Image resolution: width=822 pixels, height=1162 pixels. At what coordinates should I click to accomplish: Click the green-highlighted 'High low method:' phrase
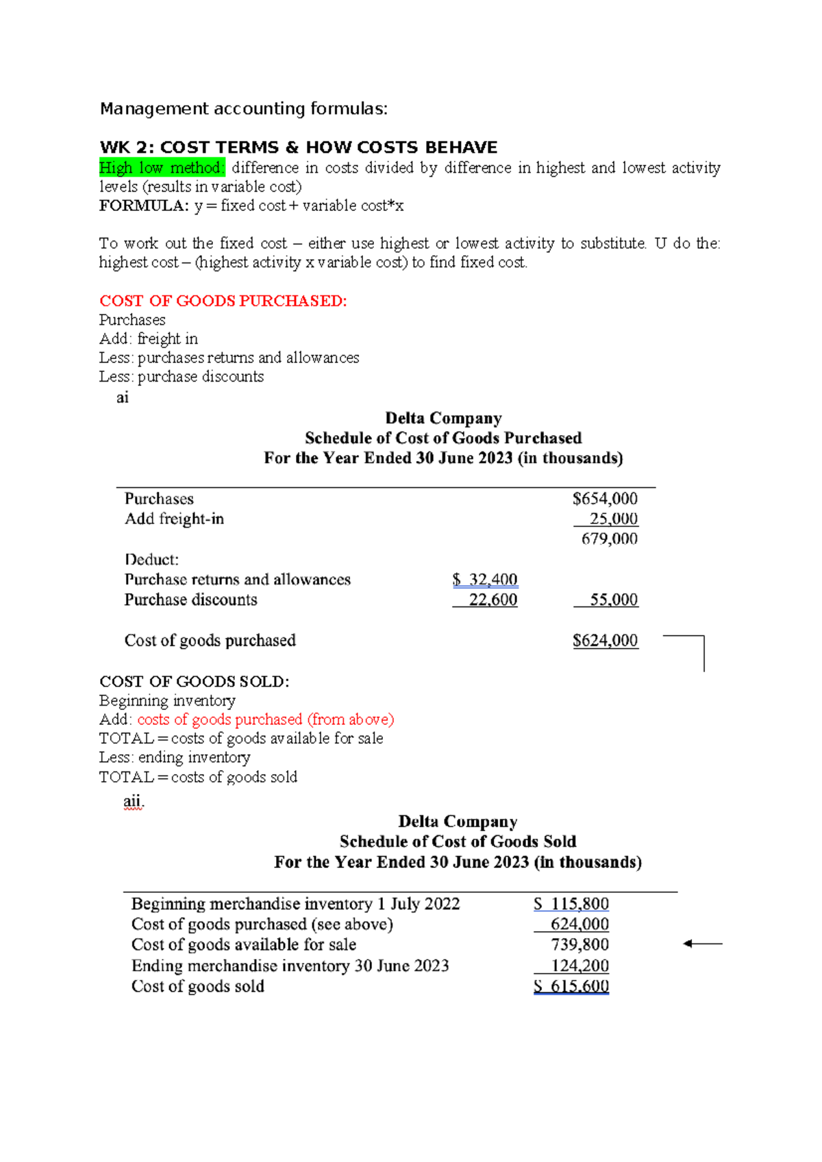[x=162, y=168]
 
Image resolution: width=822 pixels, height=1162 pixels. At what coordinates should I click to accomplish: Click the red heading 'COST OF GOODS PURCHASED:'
[x=223, y=301]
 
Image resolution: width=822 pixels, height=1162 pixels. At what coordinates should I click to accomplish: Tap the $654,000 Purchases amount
[x=605, y=499]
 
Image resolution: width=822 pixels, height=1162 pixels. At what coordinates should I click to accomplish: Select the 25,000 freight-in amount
[x=613, y=519]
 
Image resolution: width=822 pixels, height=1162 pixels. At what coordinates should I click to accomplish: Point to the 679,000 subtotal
[x=609, y=539]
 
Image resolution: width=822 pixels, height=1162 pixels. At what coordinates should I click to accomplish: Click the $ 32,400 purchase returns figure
[x=485, y=580]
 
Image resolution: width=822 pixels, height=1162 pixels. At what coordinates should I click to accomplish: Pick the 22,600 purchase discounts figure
[x=493, y=599]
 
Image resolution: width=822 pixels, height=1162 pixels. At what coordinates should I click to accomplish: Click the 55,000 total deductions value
[x=613, y=599]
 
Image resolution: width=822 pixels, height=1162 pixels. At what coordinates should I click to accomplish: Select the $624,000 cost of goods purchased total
[x=605, y=640]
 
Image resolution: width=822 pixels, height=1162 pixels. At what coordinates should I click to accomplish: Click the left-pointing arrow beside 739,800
[x=702, y=944]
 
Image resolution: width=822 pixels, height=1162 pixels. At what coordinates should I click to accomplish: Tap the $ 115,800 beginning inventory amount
[x=571, y=904]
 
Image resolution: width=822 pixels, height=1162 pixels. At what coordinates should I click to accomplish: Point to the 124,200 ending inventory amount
[x=580, y=965]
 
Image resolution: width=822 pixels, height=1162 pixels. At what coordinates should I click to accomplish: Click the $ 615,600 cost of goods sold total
[x=571, y=986]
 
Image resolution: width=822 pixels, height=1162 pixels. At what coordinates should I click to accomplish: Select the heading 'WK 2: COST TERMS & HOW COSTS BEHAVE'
[x=299, y=147]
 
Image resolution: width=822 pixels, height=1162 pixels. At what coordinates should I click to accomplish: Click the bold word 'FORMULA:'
[x=143, y=206]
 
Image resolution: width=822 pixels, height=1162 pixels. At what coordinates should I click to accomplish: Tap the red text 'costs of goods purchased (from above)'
[x=266, y=719]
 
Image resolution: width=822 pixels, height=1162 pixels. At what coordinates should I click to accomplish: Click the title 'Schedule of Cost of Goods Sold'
[x=458, y=841]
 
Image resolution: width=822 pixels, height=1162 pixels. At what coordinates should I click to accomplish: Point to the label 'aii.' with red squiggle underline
[x=134, y=801]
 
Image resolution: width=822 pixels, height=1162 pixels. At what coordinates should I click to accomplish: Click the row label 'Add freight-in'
[x=174, y=519]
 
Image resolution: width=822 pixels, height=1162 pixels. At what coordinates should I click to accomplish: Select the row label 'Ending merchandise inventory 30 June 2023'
[x=290, y=965]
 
